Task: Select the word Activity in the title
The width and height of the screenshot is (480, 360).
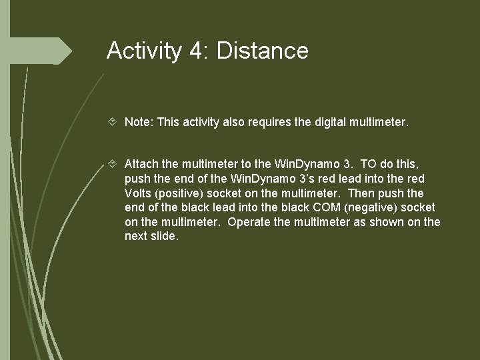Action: click(143, 51)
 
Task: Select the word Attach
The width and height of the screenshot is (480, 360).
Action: click(141, 163)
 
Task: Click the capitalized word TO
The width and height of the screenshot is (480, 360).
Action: click(369, 163)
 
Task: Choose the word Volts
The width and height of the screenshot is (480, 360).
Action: click(138, 193)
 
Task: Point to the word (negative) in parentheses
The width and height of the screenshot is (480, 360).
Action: click(361, 207)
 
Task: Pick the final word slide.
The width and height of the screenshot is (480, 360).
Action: click(165, 237)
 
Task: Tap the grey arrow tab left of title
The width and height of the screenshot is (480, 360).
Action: click(63, 51)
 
